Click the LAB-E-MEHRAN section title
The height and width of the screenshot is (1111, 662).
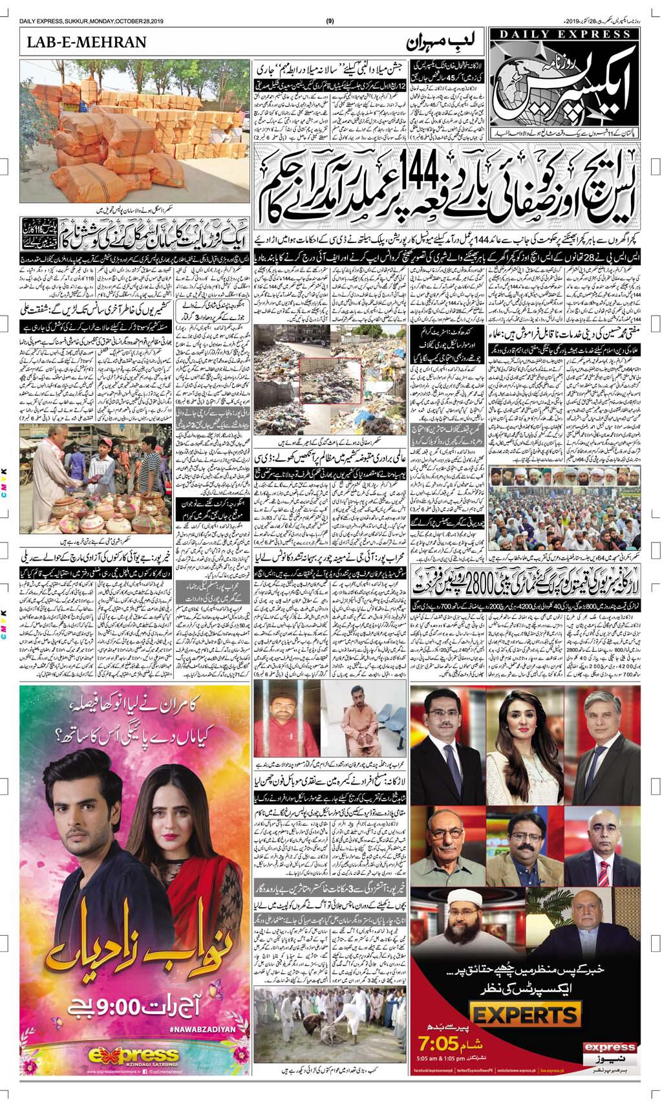click(x=87, y=43)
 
